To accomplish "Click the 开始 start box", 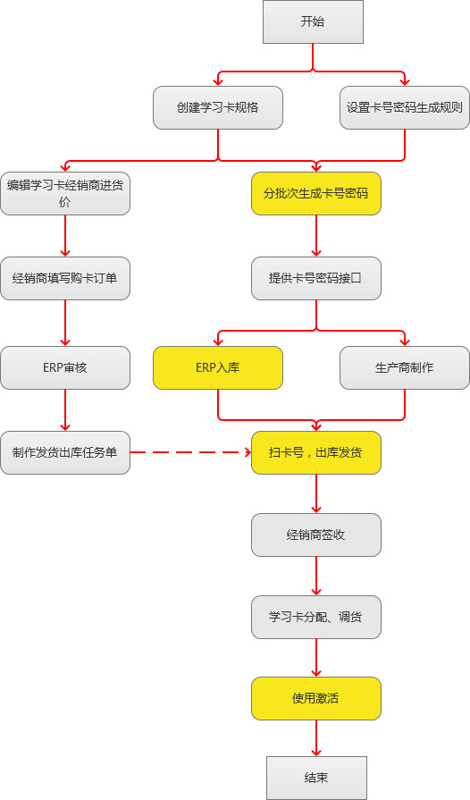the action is pyautogui.click(x=313, y=21).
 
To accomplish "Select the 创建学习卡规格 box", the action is pyautogui.click(x=218, y=107).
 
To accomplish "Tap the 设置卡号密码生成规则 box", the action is pyautogui.click(x=405, y=107).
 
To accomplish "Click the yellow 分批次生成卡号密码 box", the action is pyautogui.click(x=316, y=193).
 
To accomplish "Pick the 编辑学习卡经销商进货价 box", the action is pyautogui.click(x=65, y=193).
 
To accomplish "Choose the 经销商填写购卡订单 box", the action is pyautogui.click(x=65, y=279).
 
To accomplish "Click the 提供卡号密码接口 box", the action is pyautogui.click(x=316, y=279).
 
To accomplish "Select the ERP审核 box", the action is pyautogui.click(x=65, y=368).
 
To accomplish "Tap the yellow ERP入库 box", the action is pyautogui.click(x=218, y=368).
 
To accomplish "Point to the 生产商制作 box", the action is pyautogui.click(x=405, y=368).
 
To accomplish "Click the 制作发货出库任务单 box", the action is pyautogui.click(x=65, y=452).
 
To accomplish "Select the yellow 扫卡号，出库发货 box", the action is pyautogui.click(x=316, y=452).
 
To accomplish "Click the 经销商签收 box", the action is pyautogui.click(x=316, y=535).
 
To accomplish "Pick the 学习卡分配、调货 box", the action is pyautogui.click(x=316, y=617).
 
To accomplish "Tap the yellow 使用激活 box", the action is pyautogui.click(x=316, y=698).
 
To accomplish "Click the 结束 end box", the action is pyautogui.click(x=316, y=778).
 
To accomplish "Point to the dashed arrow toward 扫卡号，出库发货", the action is pyautogui.click(x=191, y=452).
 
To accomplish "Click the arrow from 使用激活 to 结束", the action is pyautogui.click(x=316, y=738).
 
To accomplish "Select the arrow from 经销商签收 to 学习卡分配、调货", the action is pyautogui.click(x=316, y=576).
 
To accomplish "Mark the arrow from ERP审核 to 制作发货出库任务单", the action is pyautogui.click(x=65, y=410).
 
